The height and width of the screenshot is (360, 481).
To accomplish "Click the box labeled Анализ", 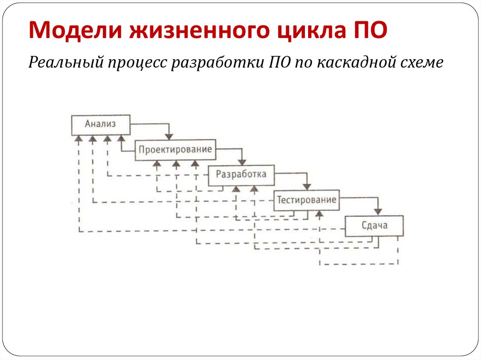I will click(101, 124).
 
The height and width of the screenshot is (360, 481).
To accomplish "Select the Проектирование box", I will click(175, 150).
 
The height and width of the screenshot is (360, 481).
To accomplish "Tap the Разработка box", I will click(241, 175).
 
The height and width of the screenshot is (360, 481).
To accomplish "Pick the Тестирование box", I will click(307, 200).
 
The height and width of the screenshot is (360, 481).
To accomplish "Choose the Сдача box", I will click(374, 225).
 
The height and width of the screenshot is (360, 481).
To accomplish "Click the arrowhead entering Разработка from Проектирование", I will click(241, 162).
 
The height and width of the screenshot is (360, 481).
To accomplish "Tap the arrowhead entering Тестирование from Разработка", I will click(307, 187).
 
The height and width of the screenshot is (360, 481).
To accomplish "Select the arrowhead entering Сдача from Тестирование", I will click(378, 212).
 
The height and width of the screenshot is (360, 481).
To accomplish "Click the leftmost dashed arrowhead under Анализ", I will click(79, 139).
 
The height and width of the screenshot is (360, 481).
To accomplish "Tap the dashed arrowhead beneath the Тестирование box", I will click(319, 214).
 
